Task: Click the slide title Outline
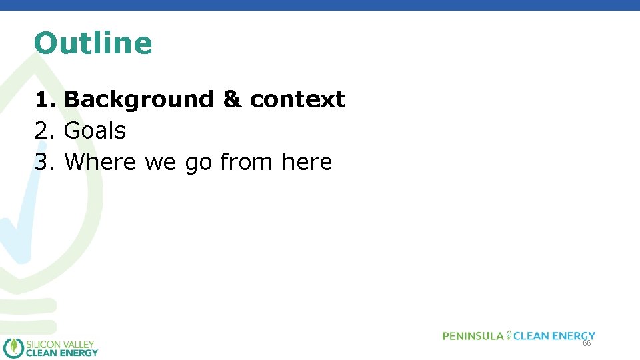(93, 43)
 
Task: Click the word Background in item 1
(138, 99)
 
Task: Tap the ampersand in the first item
(231, 99)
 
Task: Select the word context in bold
(297, 99)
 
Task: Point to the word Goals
(95, 131)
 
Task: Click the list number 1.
(44, 99)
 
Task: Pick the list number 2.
(44, 131)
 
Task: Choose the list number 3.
(44, 162)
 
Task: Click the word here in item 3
(307, 162)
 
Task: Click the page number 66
(587, 344)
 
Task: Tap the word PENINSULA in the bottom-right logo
(473, 336)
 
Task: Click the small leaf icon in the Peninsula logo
(509, 335)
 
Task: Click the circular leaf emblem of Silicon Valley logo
(13, 348)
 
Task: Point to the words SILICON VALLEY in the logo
(60, 344)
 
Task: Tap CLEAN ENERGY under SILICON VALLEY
(61, 353)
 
